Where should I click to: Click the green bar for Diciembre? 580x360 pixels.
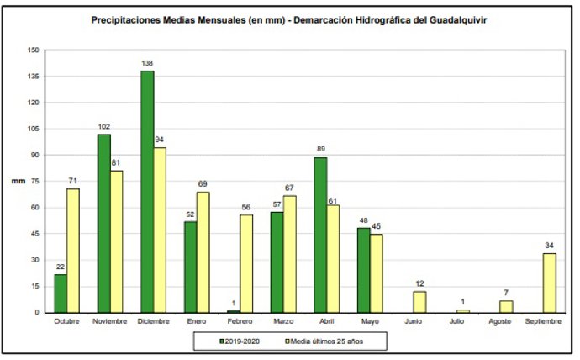[147, 192]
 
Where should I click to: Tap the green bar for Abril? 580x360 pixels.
[321, 235]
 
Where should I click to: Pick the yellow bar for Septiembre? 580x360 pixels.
[549, 283]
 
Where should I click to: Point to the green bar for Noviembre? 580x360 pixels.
[103, 223]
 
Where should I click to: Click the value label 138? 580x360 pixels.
[147, 63]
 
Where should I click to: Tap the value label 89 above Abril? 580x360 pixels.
[321, 150]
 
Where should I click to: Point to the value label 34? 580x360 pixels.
[549, 246]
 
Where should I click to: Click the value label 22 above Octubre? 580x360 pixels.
[61, 267]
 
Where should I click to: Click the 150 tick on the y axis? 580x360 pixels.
[33, 50]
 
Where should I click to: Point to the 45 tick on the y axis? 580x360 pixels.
[34, 234]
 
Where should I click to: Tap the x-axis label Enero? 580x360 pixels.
[197, 321]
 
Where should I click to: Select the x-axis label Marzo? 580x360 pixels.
[283, 321]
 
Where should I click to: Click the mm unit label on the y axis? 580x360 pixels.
[17, 181]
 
